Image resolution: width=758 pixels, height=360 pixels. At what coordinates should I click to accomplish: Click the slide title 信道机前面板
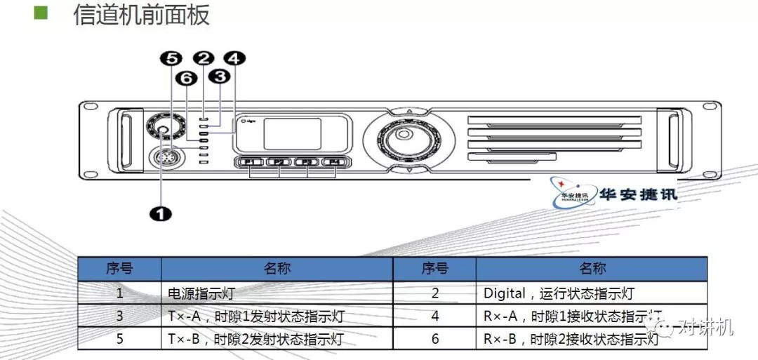(x=141, y=15)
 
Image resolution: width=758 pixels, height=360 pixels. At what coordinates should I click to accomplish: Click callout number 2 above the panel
(x=204, y=59)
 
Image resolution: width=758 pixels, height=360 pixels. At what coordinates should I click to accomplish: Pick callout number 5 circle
(x=172, y=59)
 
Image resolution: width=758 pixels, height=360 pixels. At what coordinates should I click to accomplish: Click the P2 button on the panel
(x=279, y=163)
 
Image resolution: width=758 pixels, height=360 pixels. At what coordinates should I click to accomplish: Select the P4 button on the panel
(x=335, y=163)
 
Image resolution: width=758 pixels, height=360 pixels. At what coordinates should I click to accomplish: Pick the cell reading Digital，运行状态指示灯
(x=558, y=293)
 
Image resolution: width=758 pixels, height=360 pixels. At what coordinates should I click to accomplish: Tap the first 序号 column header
(x=119, y=268)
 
